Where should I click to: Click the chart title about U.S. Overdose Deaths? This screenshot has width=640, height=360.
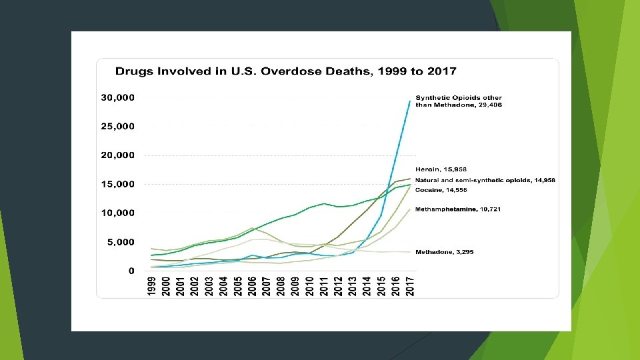pos(286,71)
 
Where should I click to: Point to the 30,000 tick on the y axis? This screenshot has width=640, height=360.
pos(117,98)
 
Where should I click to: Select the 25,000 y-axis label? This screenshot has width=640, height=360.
pos(117,127)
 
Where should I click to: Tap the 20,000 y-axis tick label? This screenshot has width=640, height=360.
pos(117,155)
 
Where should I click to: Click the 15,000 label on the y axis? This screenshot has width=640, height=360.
pos(117,185)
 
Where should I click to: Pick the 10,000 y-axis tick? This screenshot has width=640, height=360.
pos(117,213)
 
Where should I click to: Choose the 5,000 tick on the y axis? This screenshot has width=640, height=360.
pos(121,243)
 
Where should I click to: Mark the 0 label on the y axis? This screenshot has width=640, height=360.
pos(131,271)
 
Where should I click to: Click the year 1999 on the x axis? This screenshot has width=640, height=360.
pos(151,286)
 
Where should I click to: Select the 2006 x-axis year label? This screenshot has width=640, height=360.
pos(252,286)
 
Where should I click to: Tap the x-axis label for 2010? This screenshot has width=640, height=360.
pos(309,286)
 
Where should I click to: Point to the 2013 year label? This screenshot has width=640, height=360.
pos(353,286)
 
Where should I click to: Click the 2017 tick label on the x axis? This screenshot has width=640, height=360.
pos(410,286)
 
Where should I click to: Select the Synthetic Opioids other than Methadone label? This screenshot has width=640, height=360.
pos(459,101)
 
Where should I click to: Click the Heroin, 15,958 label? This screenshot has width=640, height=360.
pos(441,169)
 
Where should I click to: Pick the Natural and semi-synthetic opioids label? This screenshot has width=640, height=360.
pos(485,181)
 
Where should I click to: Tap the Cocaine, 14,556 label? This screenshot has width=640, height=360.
pos(441,190)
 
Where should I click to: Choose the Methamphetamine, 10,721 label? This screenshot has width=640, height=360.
pos(458,209)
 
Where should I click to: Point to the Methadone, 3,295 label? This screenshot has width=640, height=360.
pos(445,252)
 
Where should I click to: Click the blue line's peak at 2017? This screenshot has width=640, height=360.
pos(410,101)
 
